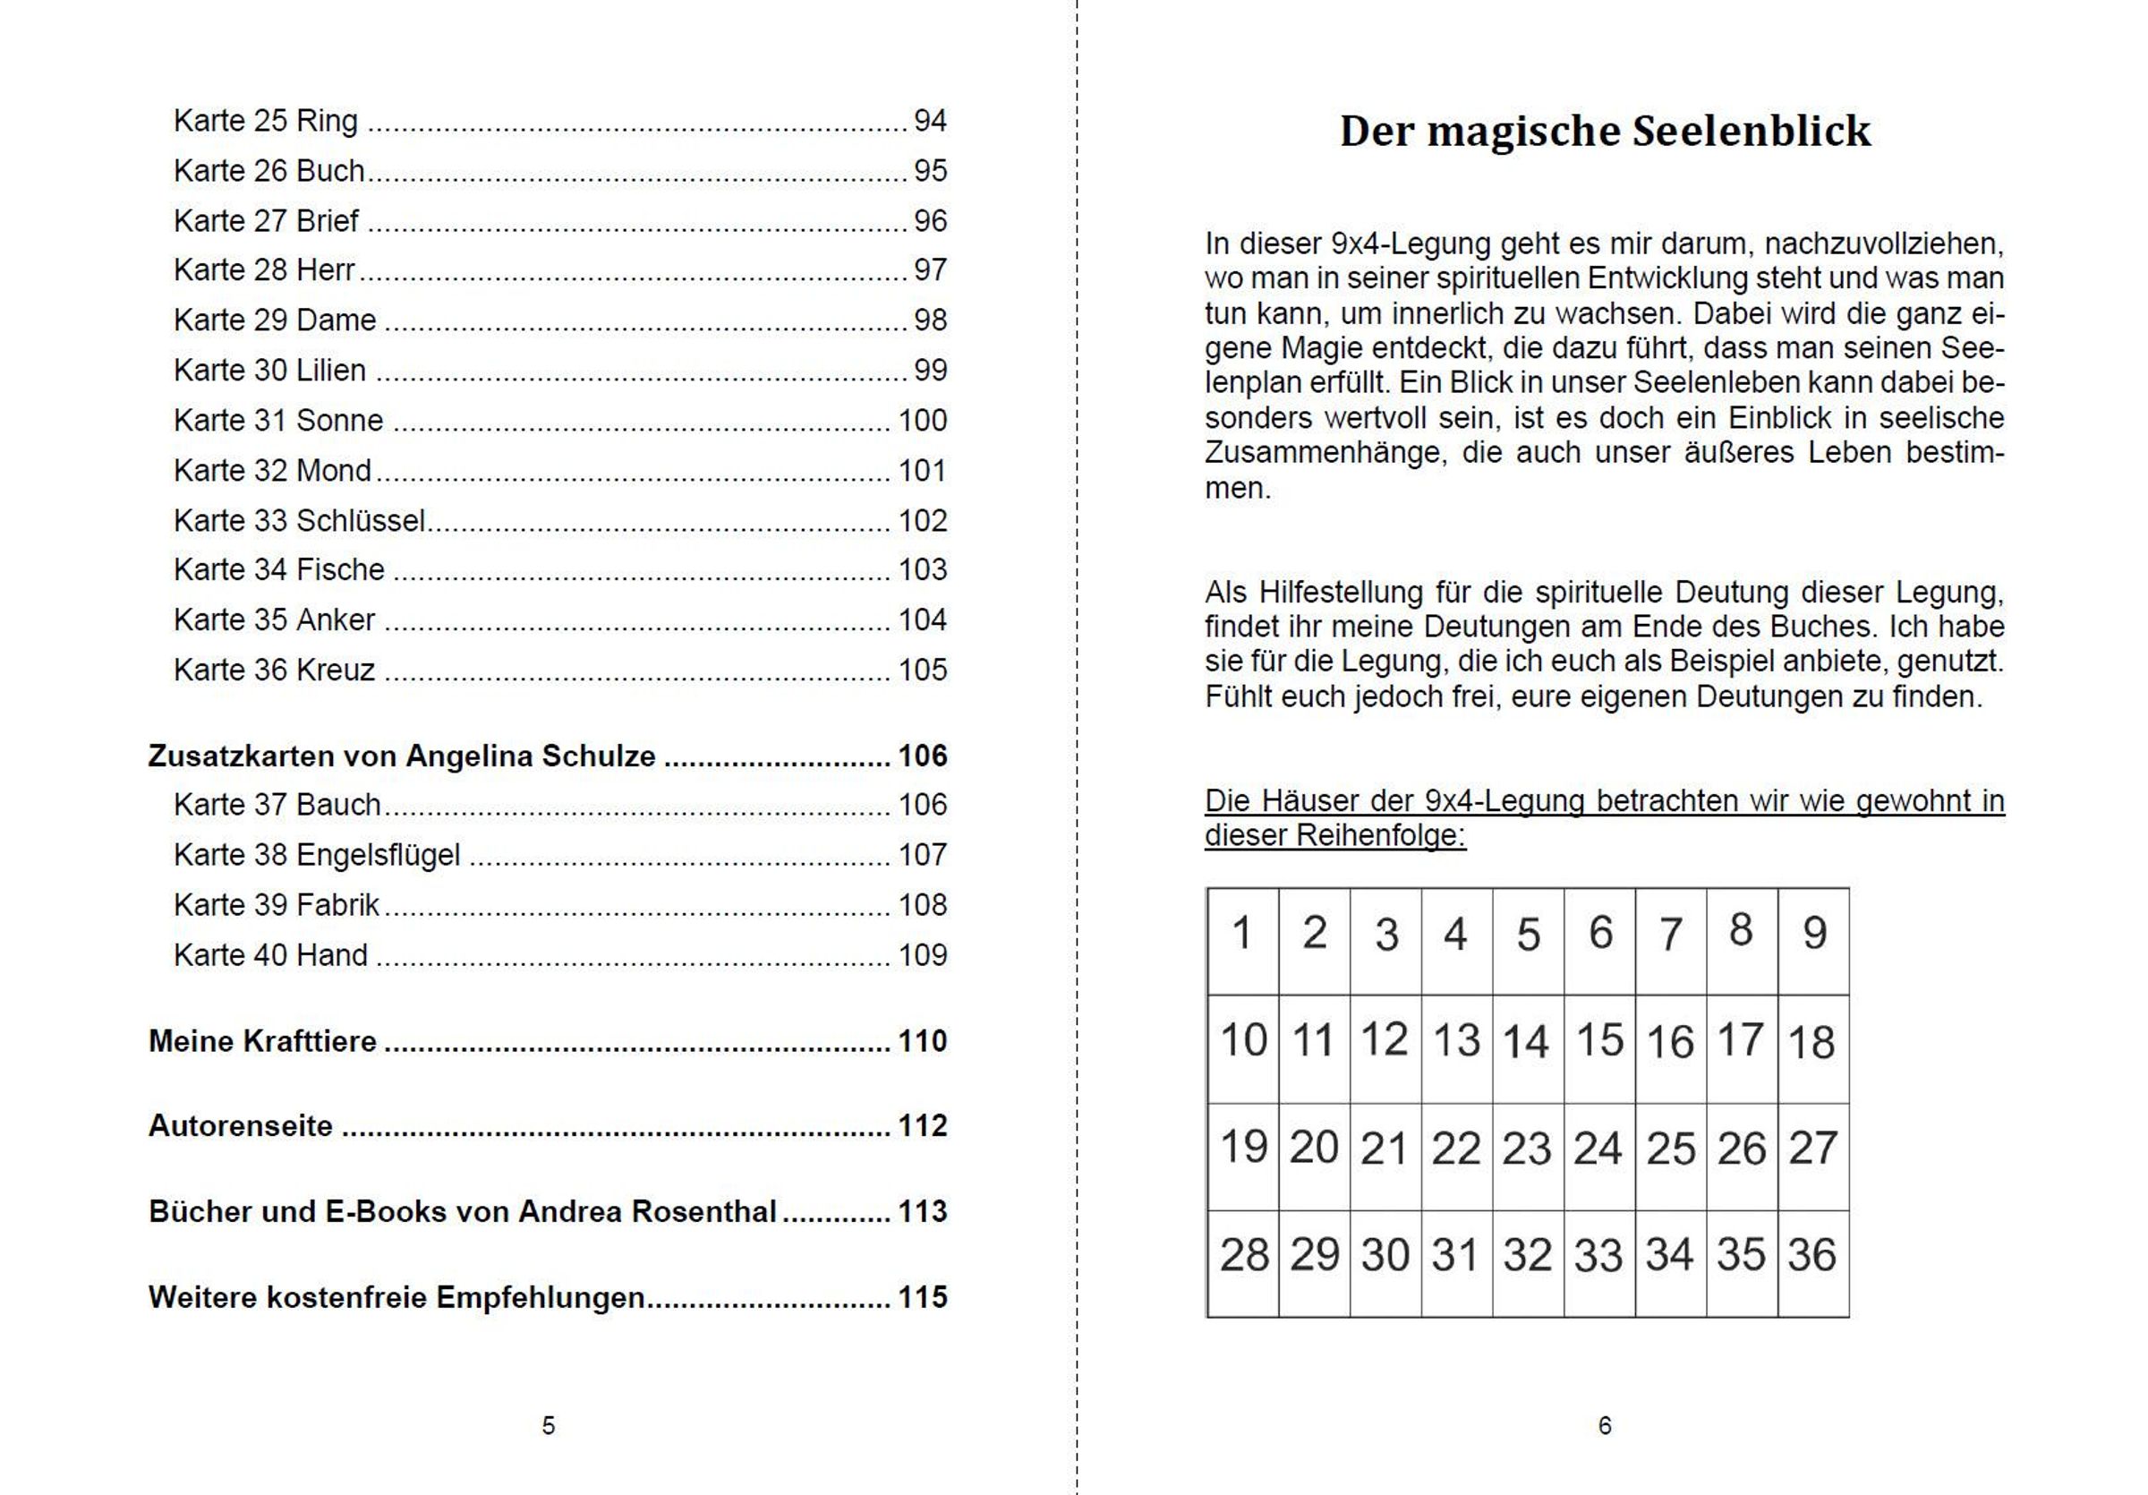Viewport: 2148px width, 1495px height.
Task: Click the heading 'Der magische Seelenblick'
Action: pyautogui.click(x=1605, y=131)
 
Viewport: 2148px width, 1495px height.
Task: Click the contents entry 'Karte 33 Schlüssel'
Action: pyautogui.click(x=299, y=520)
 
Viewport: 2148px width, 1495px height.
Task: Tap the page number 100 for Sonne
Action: pyautogui.click(x=923, y=420)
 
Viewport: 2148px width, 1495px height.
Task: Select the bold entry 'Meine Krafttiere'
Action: pyautogui.click(x=262, y=1040)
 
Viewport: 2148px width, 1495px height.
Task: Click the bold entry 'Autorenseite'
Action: pyautogui.click(x=241, y=1125)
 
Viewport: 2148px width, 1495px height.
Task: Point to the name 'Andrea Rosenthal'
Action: pyautogui.click(x=647, y=1211)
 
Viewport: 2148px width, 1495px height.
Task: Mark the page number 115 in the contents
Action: pyautogui.click(x=923, y=1297)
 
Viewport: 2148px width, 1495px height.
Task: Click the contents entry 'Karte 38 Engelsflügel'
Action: pyautogui.click(x=316, y=855)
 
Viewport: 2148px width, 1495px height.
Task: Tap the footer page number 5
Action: pyautogui.click(x=549, y=1426)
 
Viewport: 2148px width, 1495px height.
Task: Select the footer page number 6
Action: pyautogui.click(x=1605, y=1426)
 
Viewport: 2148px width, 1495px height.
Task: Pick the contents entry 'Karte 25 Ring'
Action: pyautogui.click(x=266, y=121)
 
